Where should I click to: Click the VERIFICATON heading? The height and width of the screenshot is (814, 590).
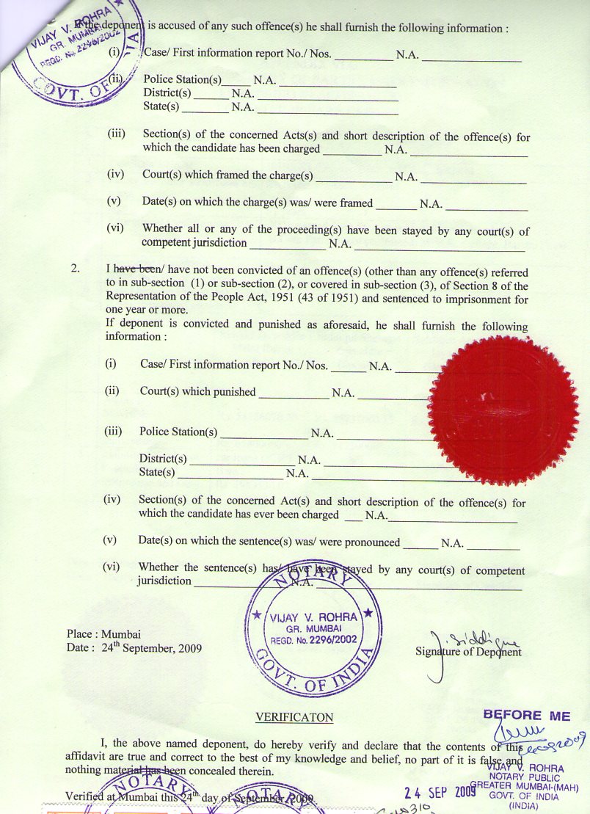point(294,717)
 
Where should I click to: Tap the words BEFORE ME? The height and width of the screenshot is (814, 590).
point(525,716)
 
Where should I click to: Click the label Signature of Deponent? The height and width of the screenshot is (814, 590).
point(468,652)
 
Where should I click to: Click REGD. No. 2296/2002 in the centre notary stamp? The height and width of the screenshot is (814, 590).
point(313,639)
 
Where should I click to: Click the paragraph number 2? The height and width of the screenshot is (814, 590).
point(75,269)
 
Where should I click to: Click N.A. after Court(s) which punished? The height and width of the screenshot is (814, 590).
point(343,393)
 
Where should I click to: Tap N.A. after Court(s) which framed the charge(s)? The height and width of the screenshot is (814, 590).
point(406,177)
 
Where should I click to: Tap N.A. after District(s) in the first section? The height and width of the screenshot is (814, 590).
point(243,94)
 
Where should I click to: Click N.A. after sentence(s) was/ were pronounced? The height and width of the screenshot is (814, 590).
point(452,544)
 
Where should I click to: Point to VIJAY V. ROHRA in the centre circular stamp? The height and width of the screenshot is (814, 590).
point(313,617)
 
